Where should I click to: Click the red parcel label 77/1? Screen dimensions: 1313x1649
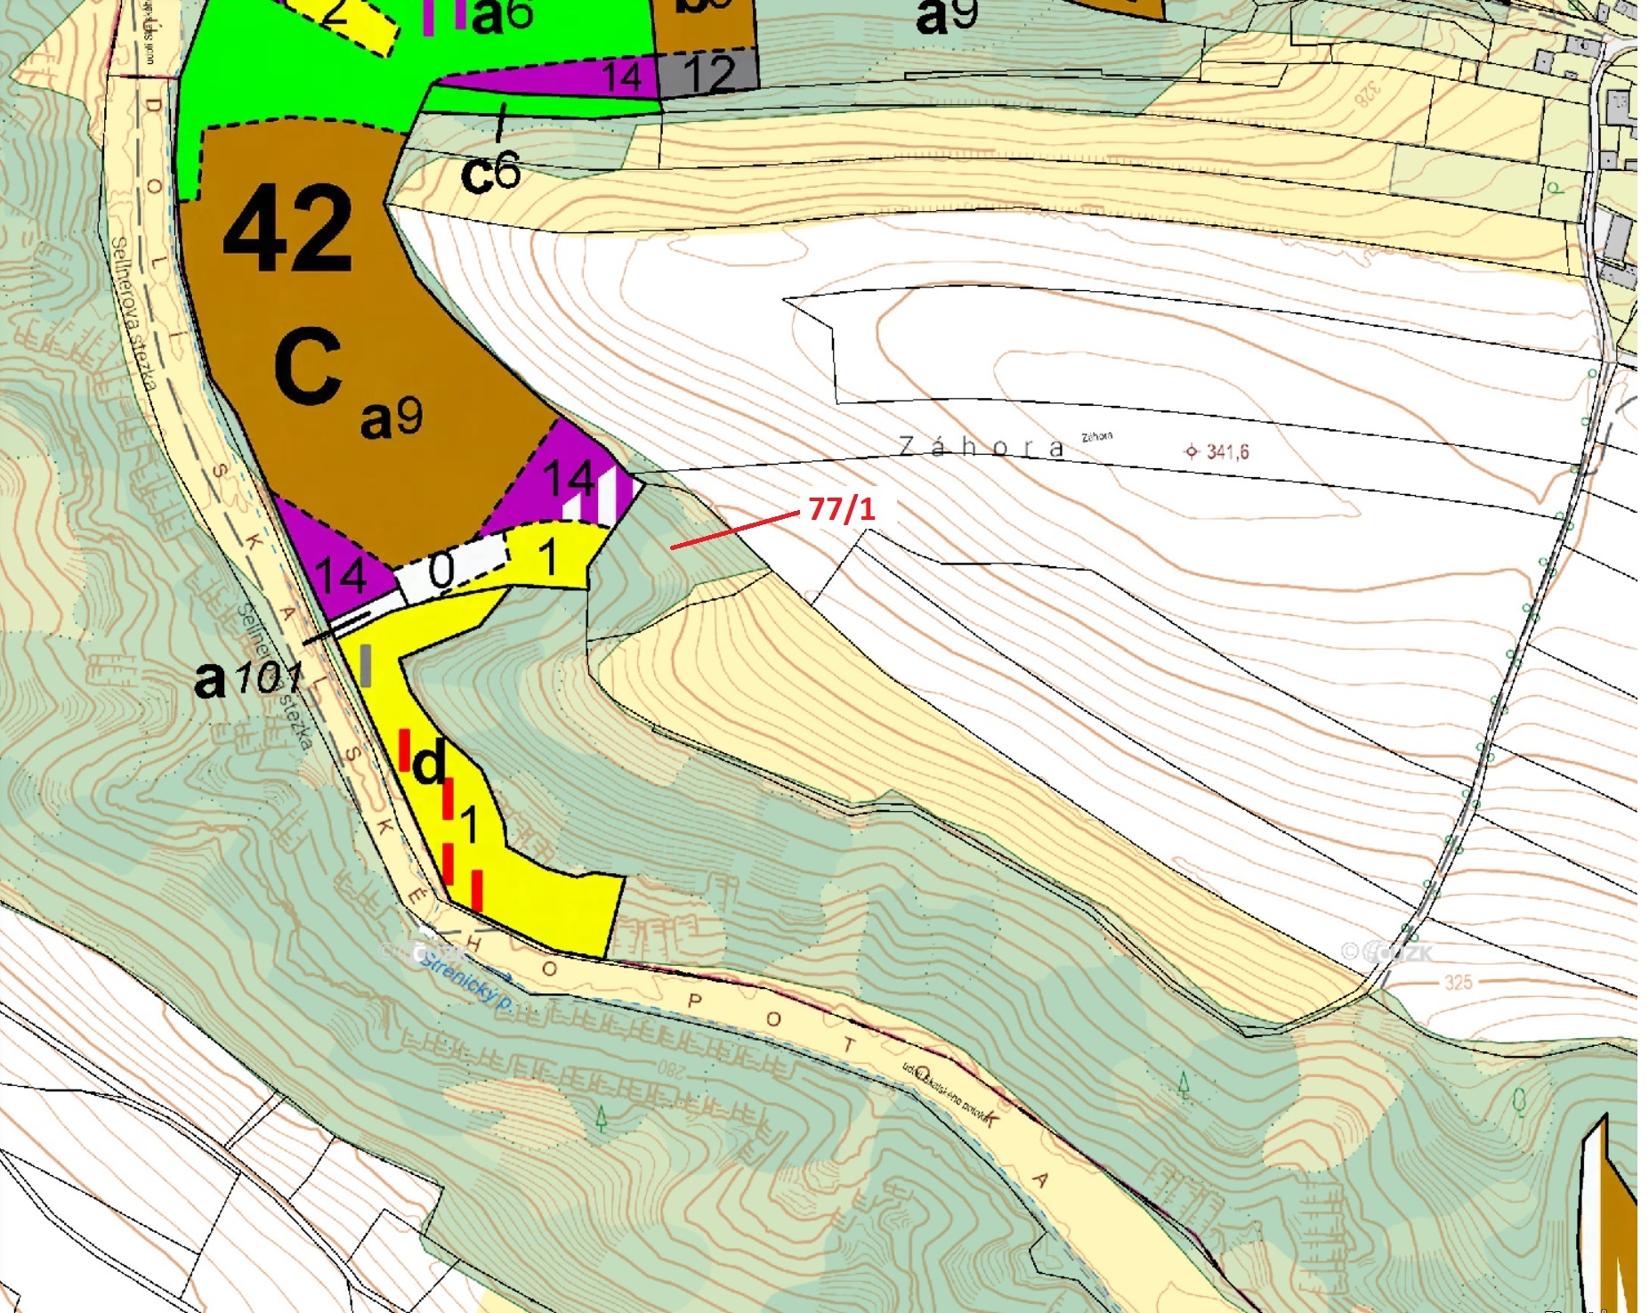[841, 509]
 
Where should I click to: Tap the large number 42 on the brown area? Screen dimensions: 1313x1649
[287, 229]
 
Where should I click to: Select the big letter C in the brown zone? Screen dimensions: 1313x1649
[308, 366]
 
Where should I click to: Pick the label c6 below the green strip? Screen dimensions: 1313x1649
[490, 173]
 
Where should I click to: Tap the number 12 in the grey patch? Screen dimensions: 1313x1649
[709, 74]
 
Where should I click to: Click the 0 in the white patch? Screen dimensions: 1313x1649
[442, 571]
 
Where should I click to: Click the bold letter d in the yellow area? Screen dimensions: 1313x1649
[429, 764]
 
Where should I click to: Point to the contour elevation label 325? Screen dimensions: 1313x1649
[1459, 982]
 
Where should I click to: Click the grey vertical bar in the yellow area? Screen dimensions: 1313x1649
[365, 666]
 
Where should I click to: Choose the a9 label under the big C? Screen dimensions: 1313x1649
[392, 417]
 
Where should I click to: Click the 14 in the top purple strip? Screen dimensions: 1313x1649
[621, 77]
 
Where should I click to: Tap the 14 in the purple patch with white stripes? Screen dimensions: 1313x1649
[570, 479]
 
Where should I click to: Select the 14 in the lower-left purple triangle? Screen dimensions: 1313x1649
[342, 576]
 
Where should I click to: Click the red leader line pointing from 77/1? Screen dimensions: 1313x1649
[734, 531]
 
